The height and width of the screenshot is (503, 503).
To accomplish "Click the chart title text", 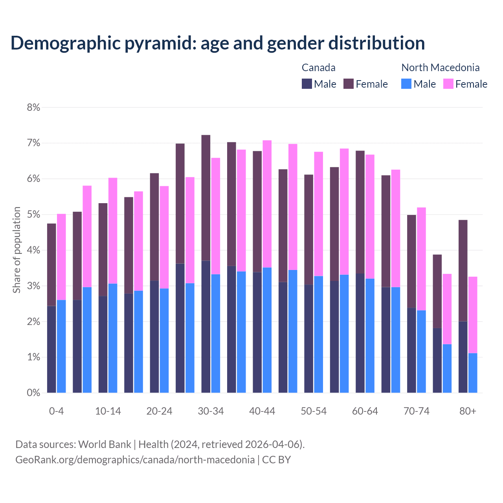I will click(217, 43).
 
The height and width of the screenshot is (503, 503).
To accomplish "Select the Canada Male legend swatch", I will click(307, 84).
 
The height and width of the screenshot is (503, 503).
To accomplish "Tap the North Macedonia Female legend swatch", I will click(448, 84).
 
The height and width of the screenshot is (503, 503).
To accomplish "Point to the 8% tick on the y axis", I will click(33, 107).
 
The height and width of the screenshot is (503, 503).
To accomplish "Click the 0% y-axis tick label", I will click(33, 393).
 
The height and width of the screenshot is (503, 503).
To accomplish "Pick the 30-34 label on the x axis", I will click(211, 411).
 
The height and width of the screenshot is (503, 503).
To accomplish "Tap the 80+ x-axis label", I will click(468, 411).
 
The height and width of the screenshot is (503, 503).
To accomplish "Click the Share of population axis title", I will click(17, 250).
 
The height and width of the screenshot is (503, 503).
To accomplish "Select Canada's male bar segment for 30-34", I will click(206, 326).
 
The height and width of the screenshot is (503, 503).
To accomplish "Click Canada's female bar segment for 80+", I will click(463, 270).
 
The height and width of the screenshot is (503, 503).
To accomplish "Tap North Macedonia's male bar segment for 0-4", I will click(61, 346).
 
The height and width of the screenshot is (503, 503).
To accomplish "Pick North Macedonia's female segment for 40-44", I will click(267, 204).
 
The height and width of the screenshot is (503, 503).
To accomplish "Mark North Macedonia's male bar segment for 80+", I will click(473, 373).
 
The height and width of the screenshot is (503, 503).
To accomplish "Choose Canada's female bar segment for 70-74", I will click(411, 261).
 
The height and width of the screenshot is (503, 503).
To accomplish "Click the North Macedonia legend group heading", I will click(440, 68).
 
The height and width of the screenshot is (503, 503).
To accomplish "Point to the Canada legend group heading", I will click(318, 68).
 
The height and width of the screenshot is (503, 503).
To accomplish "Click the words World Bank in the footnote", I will click(105, 444).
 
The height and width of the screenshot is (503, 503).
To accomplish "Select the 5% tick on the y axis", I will click(33, 215).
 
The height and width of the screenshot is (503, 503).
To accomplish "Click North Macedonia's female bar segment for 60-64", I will click(370, 217).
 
